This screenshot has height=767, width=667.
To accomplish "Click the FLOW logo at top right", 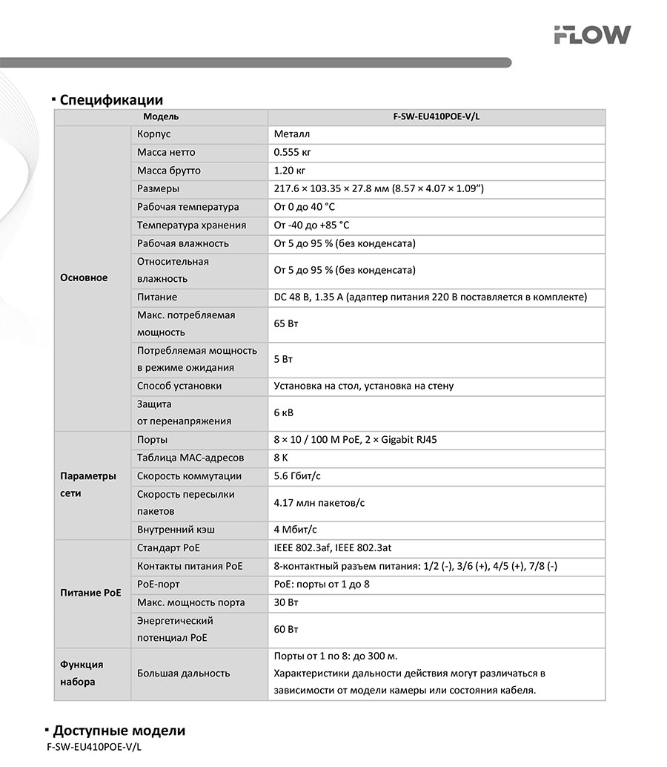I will [x=592, y=34].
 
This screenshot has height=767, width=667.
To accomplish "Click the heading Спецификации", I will [x=111, y=100].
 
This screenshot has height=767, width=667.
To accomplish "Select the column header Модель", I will [x=161, y=117].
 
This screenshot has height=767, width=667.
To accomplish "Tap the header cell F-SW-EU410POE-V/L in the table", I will [x=437, y=117].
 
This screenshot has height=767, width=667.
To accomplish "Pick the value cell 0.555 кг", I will [x=291, y=153].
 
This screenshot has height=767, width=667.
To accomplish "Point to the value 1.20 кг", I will [x=289, y=171].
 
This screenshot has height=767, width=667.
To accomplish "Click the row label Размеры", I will [x=158, y=189].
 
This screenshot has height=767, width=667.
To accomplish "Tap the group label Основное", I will [x=84, y=278].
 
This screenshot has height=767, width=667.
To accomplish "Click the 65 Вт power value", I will [x=286, y=324].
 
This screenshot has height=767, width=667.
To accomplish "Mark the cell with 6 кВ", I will [x=284, y=412].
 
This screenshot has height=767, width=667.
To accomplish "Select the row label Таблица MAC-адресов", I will [x=190, y=458].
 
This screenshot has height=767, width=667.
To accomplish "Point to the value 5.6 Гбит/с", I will [x=296, y=476].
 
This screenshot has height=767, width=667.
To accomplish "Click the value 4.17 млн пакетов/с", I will [x=319, y=503].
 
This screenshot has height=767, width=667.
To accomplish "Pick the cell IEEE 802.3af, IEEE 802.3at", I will [x=332, y=548].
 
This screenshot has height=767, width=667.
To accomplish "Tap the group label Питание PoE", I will [x=90, y=593].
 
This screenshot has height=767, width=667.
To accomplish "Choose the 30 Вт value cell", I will [x=286, y=603].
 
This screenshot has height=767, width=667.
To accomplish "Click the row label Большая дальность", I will [x=183, y=674].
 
